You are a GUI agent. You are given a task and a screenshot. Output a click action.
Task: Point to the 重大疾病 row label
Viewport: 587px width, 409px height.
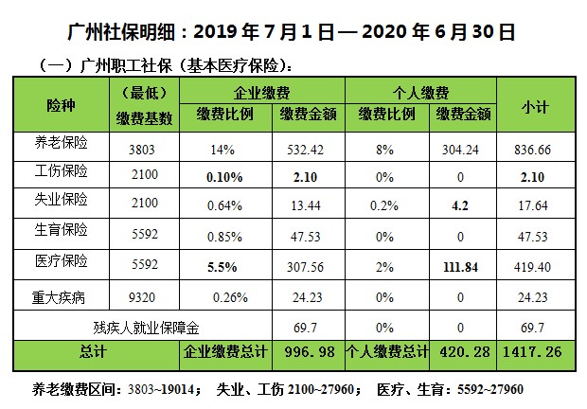(60, 296)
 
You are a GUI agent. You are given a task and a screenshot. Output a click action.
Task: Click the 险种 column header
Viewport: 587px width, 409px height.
(60, 101)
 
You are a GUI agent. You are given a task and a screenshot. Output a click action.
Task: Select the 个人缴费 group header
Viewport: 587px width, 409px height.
(421, 93)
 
